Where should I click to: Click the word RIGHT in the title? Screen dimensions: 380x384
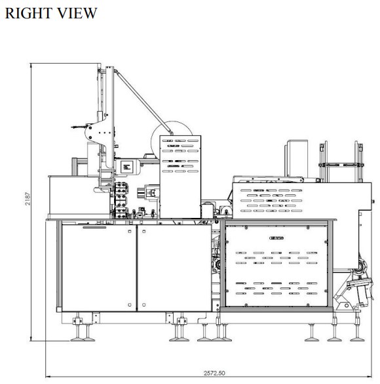coord(28,13)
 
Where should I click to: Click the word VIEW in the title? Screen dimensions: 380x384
coord(77,13)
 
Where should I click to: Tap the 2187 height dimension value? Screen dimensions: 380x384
coord(28,199)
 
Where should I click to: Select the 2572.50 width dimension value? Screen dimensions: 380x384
coord(214,373)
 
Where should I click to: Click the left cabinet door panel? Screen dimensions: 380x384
coord(99,268)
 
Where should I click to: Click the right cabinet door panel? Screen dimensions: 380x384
coord(174,268)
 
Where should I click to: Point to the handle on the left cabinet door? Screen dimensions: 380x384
coord(94,228)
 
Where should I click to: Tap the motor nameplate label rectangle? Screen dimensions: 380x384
coord(126,167)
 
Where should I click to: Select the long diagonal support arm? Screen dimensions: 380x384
coord(143,102)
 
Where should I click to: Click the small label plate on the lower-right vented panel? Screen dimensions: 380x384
coord(276,238)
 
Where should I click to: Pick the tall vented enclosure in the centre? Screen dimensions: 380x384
coord(180,177)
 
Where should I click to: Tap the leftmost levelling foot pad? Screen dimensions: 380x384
coord(77,339)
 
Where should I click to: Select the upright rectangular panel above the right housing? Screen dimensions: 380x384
coord(297,158)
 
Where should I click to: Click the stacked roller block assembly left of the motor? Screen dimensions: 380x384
coord(121,200)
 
